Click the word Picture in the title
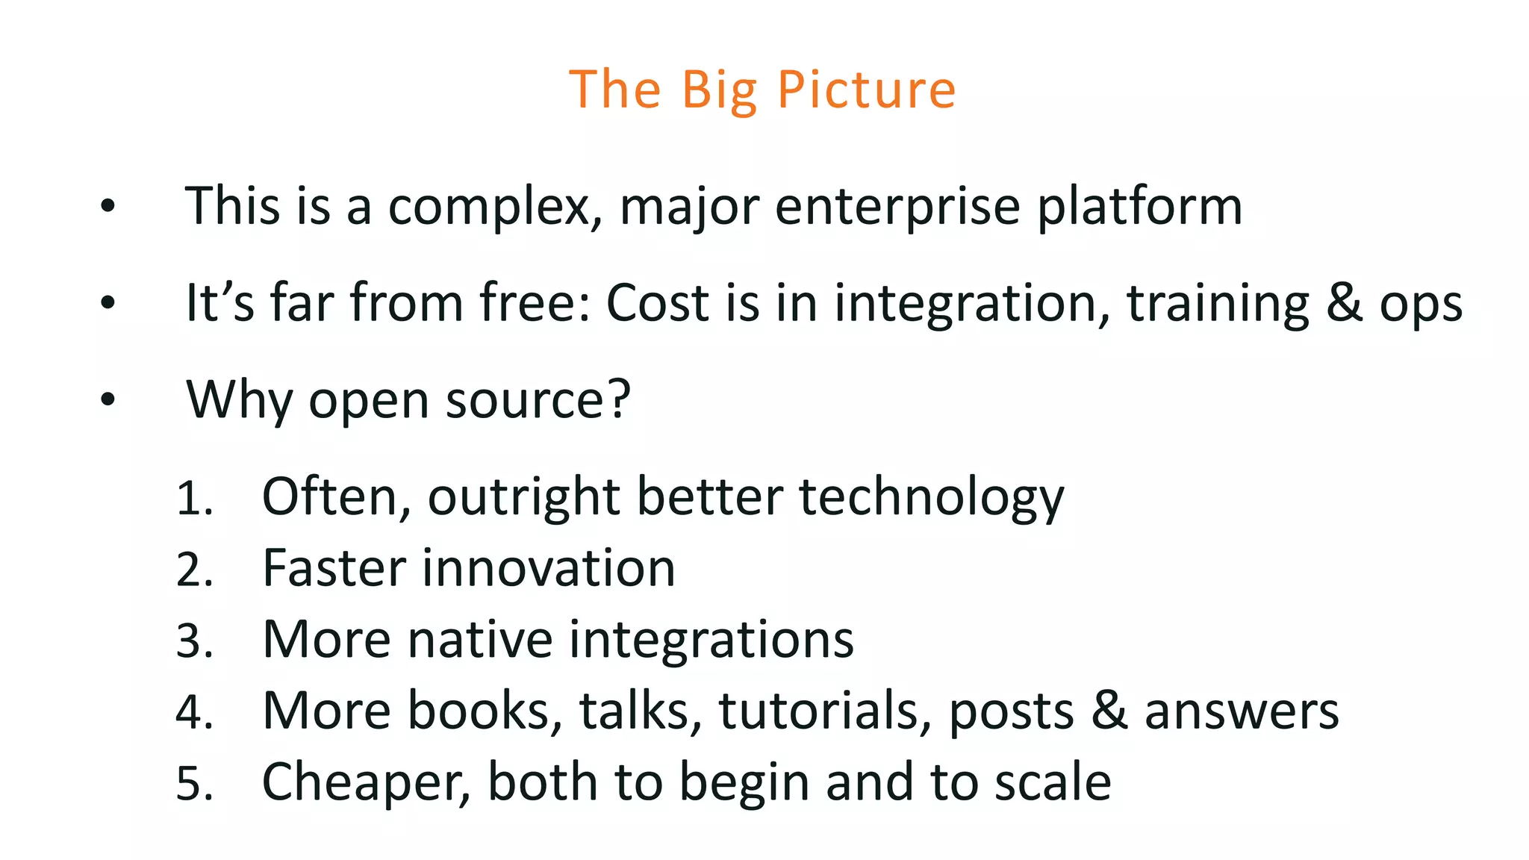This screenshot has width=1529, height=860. coord(866,90)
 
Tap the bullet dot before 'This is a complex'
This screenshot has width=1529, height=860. coord(108,206)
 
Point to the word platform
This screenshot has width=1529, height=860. coord(1140,207)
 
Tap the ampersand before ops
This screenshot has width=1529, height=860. coord(1344,303)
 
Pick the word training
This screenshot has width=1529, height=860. coord(1218,305)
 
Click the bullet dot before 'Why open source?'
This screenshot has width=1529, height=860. coord(108,399)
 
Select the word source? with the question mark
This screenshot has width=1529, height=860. coord(538,400)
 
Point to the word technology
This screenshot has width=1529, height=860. coord(931,498)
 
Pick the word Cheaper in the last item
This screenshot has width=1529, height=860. coord(367,782)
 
